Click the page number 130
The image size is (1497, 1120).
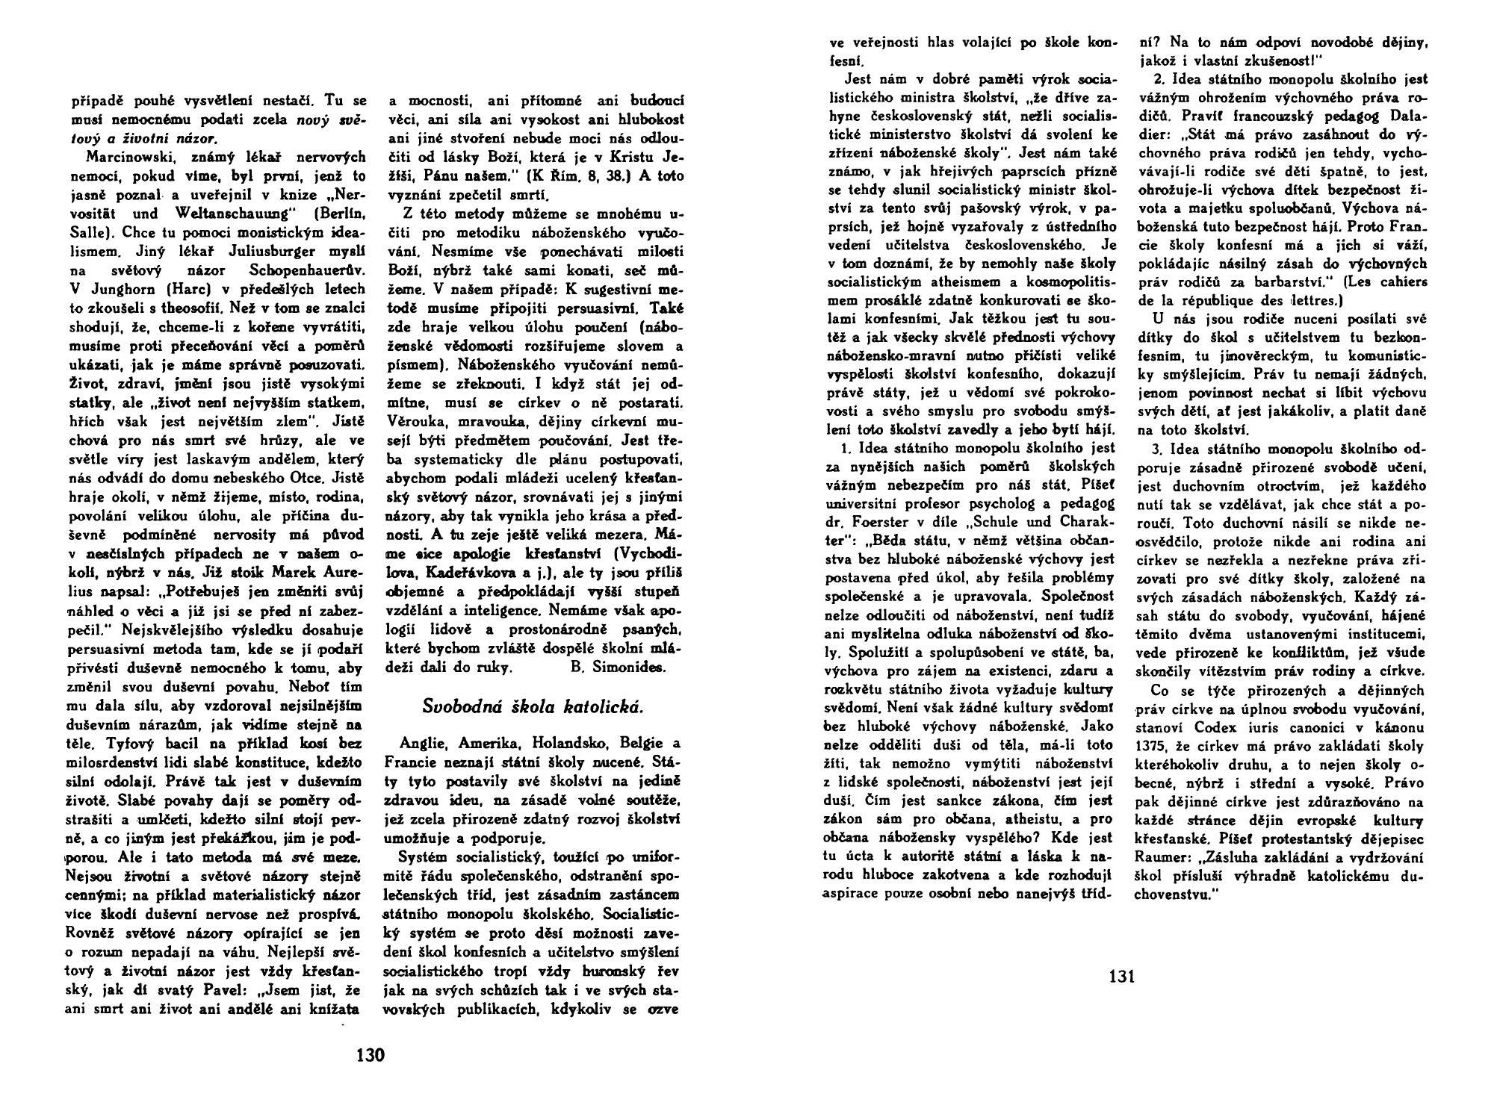tap(370, 1055)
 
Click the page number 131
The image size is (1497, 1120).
tap(1121, 975)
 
